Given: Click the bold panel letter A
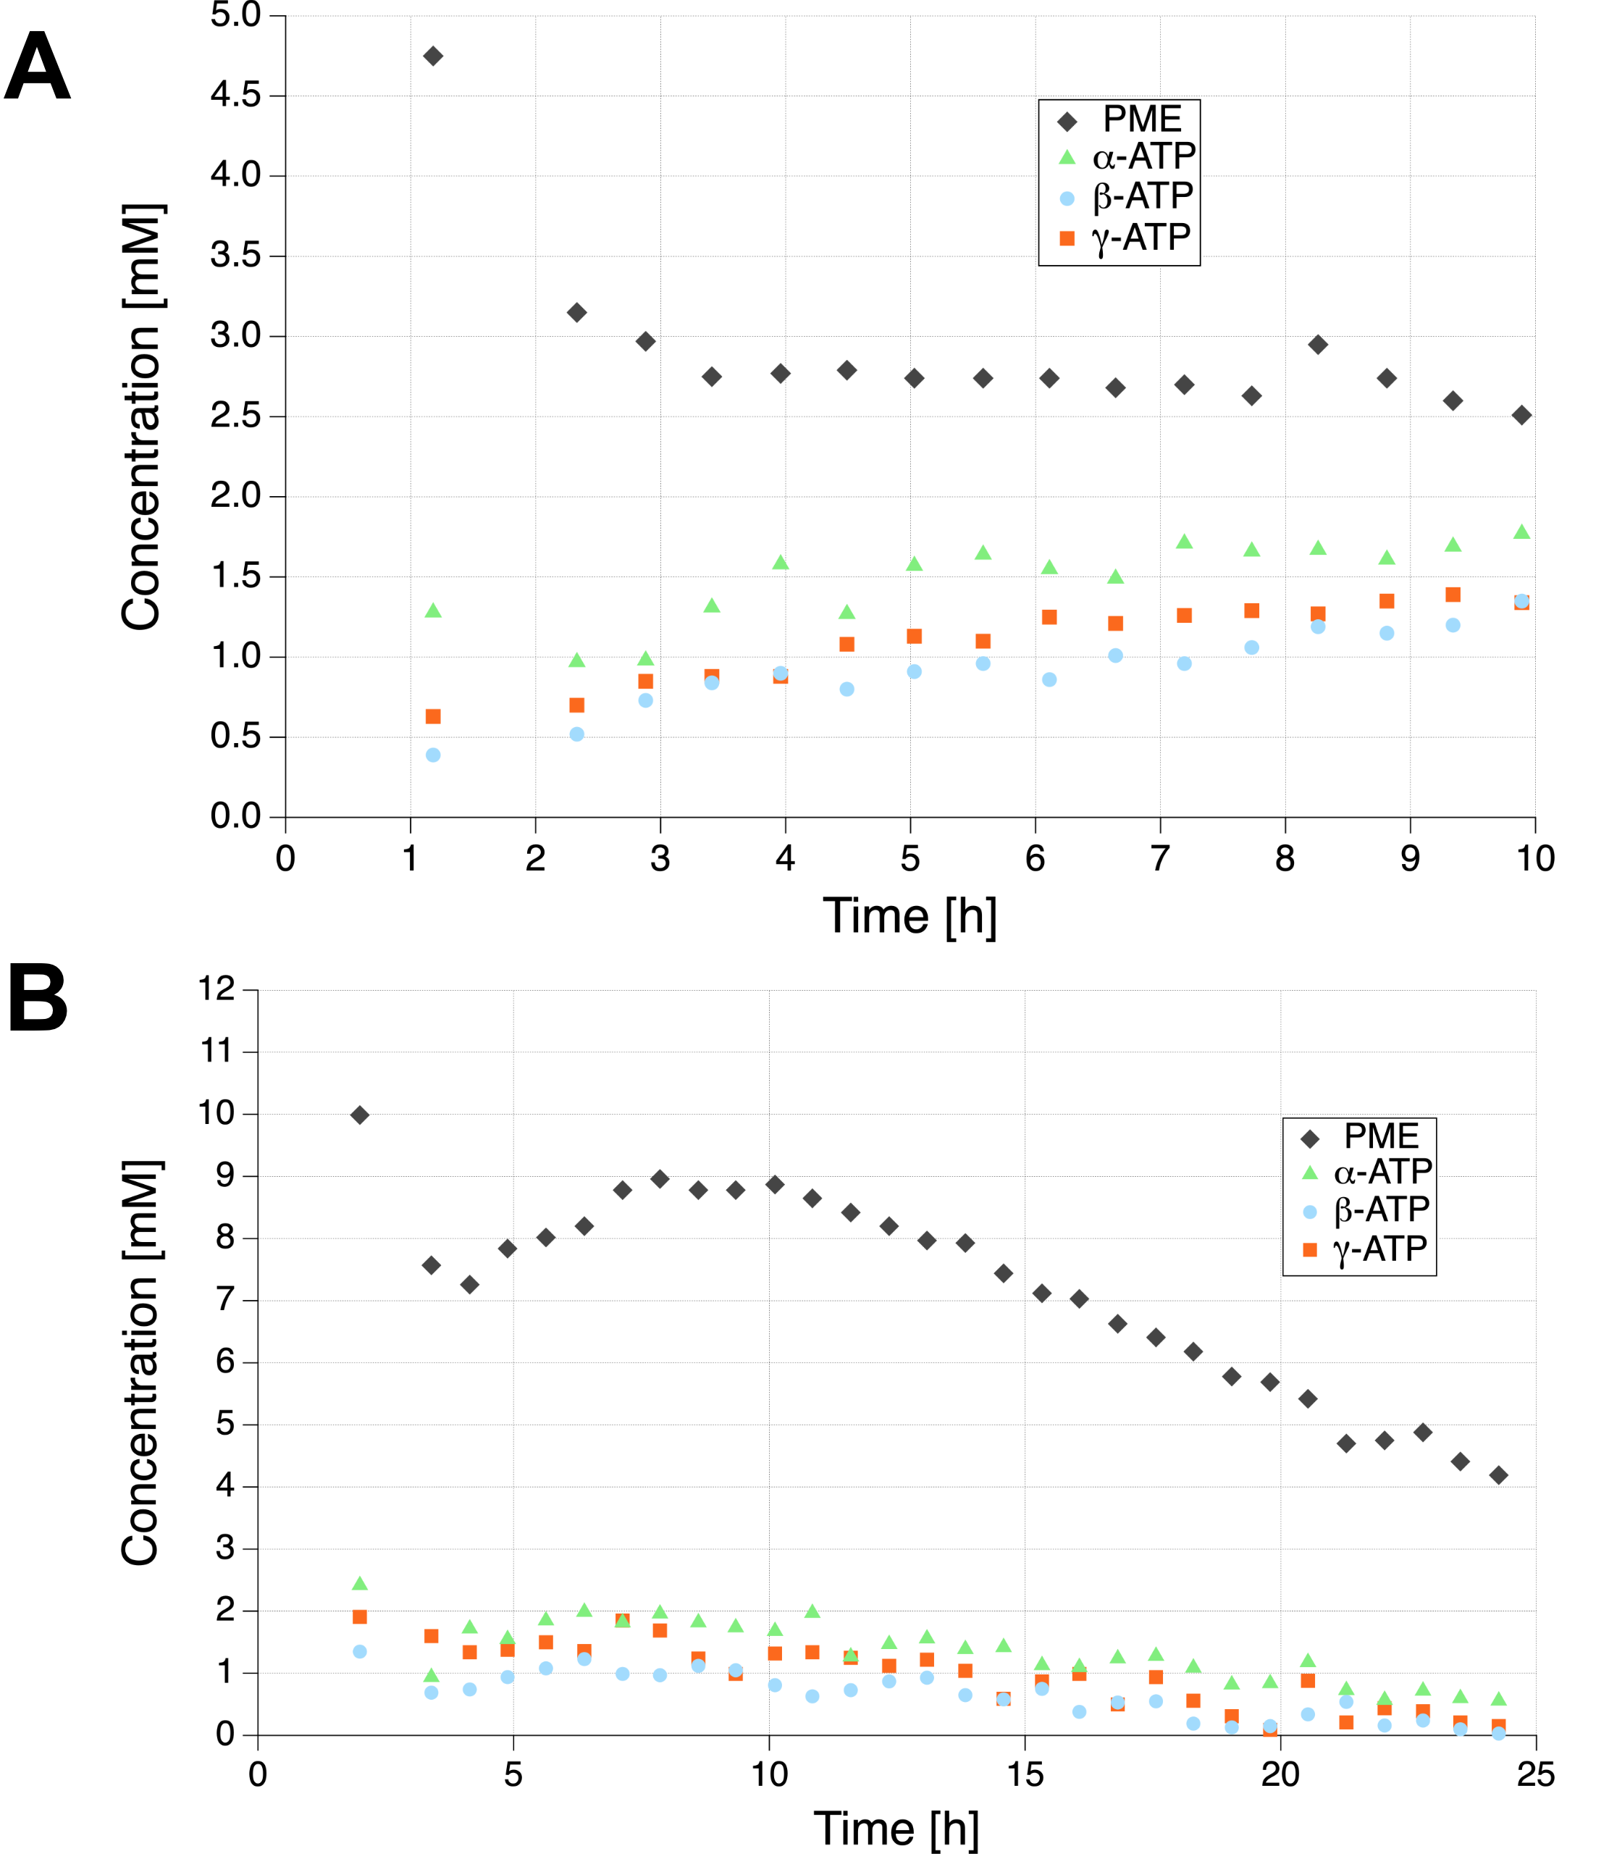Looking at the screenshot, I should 37,67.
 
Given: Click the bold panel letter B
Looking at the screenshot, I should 38,999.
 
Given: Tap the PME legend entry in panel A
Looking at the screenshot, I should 1141,119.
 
